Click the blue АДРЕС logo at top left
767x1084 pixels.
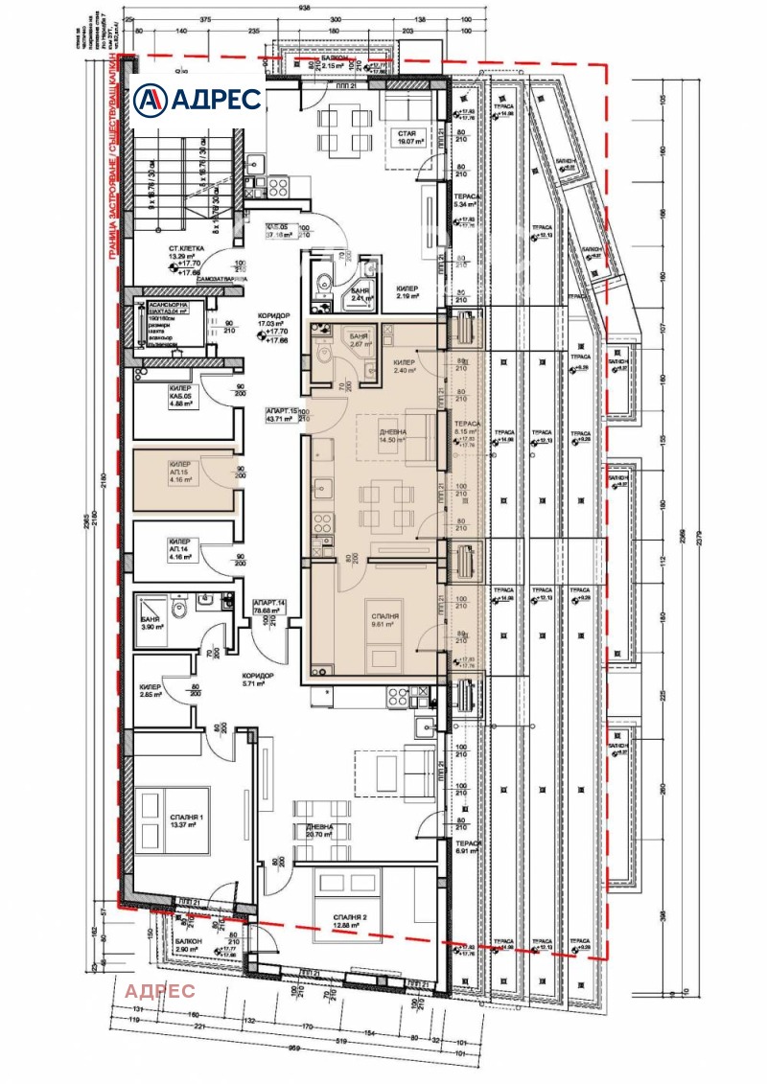197,98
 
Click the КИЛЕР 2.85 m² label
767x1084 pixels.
151,691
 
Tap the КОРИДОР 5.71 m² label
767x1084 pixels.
259,680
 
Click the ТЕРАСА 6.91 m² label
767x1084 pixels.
466,846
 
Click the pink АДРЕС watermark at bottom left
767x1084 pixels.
160,990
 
